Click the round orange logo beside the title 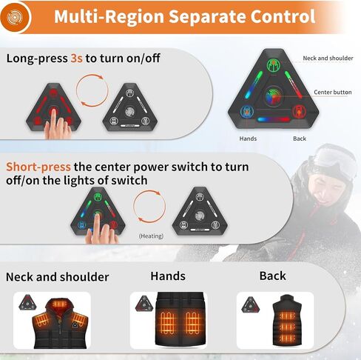(15, 17)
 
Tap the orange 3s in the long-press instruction (76, 59)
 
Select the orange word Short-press (38, 167)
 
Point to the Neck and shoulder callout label (328, 59)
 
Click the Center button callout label (333, 93)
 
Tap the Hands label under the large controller (248, 139)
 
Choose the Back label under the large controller (300, 139)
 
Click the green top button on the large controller (274, 65)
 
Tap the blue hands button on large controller (247, 112)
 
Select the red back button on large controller (299, 112)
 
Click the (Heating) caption (151, 236)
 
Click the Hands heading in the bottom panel (168, 276)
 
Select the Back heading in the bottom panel (273, 276)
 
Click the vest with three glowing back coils (287, 320)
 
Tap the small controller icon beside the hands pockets (144, 304)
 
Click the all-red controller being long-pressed (53, 107)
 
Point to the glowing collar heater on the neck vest (59, 304)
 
